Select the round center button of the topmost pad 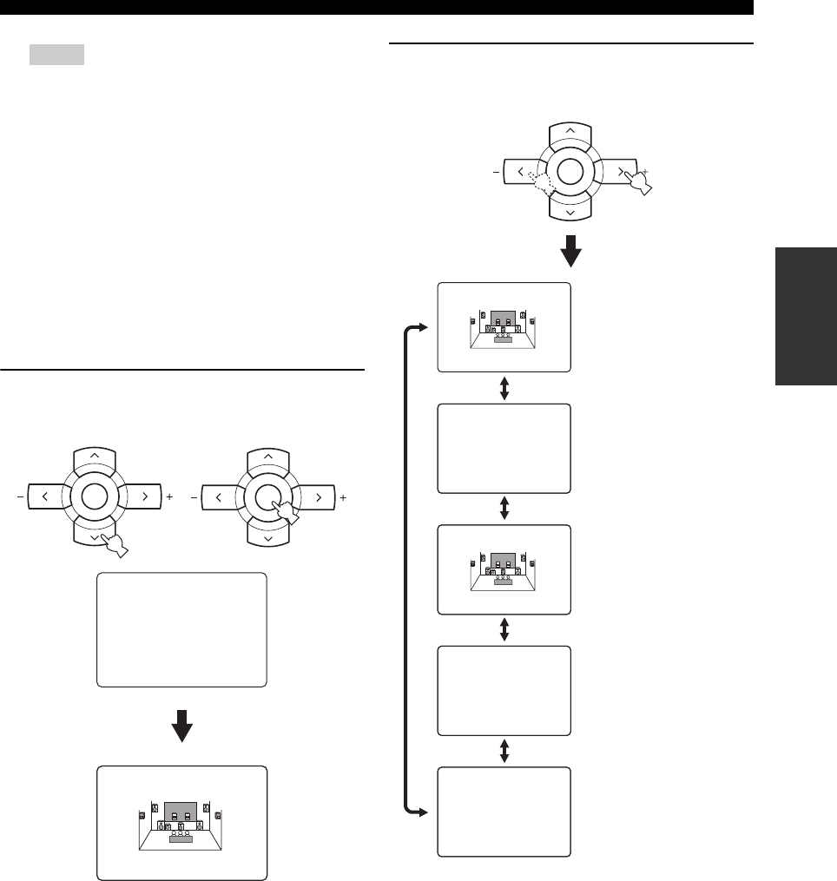(570, 172)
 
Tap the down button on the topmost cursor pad (570, 211)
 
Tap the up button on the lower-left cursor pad (95, 457)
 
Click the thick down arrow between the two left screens (181, 725)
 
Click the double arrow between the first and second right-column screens (504, 388)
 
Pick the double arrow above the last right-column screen (504, 752)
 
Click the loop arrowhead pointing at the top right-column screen (423, 327)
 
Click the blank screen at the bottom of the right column (504, 811)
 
